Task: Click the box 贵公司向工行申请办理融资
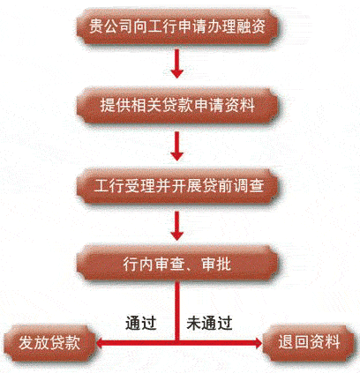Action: [x=177, y=26]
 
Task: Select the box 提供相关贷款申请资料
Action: [x=177, y=105]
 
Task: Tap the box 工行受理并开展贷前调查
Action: [x=177, y=186]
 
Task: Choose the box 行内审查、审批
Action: [x=177, y=264]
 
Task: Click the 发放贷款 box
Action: [x=49, y=343]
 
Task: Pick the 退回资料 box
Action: [x=309, y=343]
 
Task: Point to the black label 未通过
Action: [x=209, y=323]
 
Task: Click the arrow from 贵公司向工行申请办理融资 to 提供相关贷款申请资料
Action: [x=177, y=63]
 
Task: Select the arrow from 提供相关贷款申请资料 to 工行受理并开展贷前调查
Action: [x=177, y=145]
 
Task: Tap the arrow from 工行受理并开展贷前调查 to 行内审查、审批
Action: [x=177, y=226]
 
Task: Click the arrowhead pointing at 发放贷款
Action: [x=99, y=343]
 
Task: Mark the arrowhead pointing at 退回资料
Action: [x=259, y=343]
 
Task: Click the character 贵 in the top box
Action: [x=96, y=26]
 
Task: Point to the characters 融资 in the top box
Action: [x=251, y=26]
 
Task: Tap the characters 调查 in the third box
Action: [x=249, y=185]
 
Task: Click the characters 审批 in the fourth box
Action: [x=216, y=264]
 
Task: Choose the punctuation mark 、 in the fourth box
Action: [x=190, y=267]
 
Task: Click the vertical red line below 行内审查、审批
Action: [x=177, y=310]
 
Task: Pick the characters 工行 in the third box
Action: [x=108, y=185]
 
